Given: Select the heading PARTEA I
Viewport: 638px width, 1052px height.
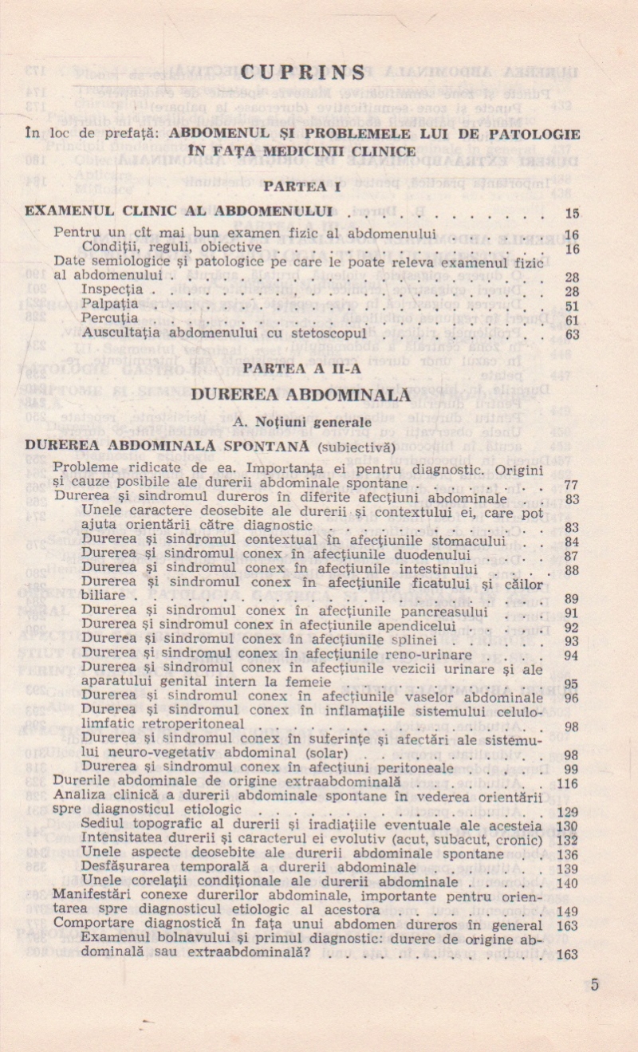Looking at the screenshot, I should pyautogui.click(x=302, y=187).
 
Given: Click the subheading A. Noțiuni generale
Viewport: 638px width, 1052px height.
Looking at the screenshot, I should pyautogui.click(x=302, y=420).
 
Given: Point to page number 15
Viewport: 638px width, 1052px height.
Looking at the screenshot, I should pyautogui.click(x=571, y=213).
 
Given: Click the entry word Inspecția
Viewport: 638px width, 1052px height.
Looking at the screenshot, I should pyautogui.click(x=112, y=290).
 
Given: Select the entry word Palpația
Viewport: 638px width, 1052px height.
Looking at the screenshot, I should pyautogui.click(x=110, y=305).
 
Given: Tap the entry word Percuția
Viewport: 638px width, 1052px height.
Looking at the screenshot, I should pyautogui.click(x=110, y=319).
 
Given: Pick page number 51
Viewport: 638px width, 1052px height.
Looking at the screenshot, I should pyautogui.click(x=571, y=306).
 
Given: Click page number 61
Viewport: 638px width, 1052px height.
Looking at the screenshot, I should pyautogui.click(x=571, y=321).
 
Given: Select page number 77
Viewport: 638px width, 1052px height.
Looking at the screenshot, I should pyautogui.click(x=571, y=485).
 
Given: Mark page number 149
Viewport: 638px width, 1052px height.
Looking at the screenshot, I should pyautogui.click(x=568, y=912).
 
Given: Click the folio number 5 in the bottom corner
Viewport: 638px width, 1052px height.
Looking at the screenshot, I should pyautogui.click(x=595, y=984).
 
